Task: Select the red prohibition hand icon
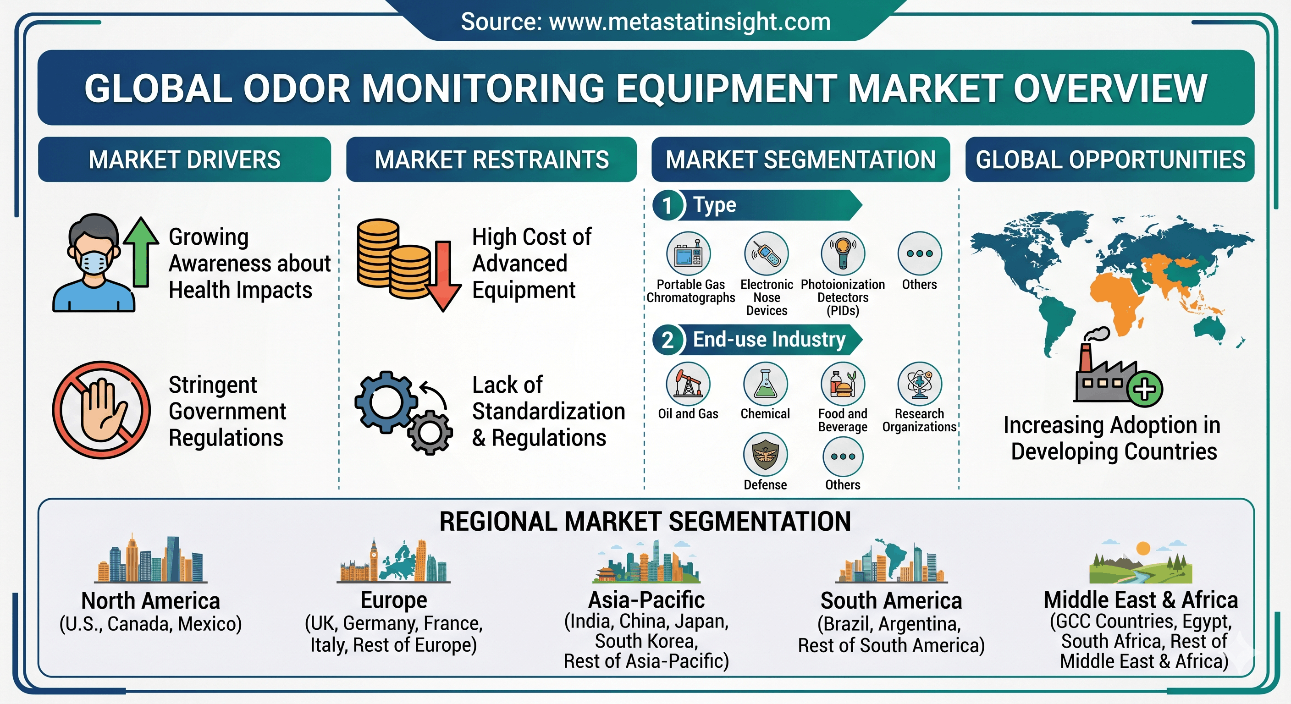[x=102, y=410]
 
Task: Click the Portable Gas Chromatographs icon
[x=689, y=253]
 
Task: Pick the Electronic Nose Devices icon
[x=766, y=253]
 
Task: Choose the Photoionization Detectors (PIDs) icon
[x=843, y=253]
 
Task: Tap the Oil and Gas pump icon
[x=688, y=384]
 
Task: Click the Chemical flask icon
[x=765, y=384]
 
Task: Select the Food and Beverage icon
[x=843, y=384]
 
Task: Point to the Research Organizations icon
[x=920, y=384]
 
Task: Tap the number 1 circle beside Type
[x=668, y=205]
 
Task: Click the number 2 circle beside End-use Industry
[x=668, y=340]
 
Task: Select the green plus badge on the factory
[x=1145, y=389]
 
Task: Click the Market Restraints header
[x=491, y=159]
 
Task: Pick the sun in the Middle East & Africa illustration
[x=1143, y=548]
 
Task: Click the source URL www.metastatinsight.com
[x=690, y=22]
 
